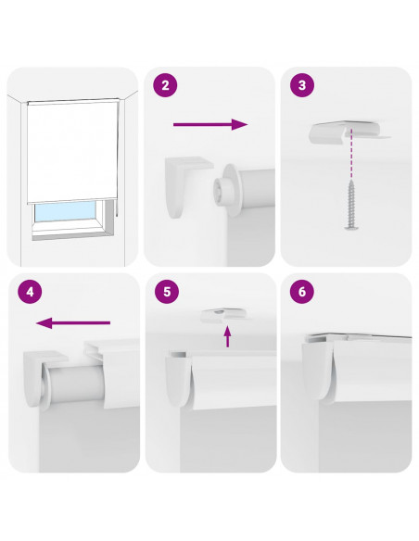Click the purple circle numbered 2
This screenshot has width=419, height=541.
(165, 85)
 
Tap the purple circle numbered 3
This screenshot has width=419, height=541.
(302, 85)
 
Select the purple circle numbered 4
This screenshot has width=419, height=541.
(30, 292)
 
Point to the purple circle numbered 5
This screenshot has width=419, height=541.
(167, 292)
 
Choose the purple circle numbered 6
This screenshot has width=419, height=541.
(302, 292)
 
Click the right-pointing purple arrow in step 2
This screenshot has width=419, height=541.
(210, 124)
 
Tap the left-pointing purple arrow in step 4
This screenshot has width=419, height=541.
(73, 323)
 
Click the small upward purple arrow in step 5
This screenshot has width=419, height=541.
(227, 337)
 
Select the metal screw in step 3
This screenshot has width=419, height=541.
(351, 204)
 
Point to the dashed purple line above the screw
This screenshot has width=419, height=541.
(351, 154)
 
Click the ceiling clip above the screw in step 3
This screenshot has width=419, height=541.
(349, 132)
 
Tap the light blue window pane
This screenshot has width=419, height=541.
(65, 211)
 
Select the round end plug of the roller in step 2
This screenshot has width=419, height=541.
(224, 189)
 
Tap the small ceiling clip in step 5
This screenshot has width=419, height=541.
(224, 315)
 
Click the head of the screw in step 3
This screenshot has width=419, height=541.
(352, 227)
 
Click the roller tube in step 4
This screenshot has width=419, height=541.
(74, 384)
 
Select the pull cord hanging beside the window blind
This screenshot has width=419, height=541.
(118, 158)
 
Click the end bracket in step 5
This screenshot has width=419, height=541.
(179, 380)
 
